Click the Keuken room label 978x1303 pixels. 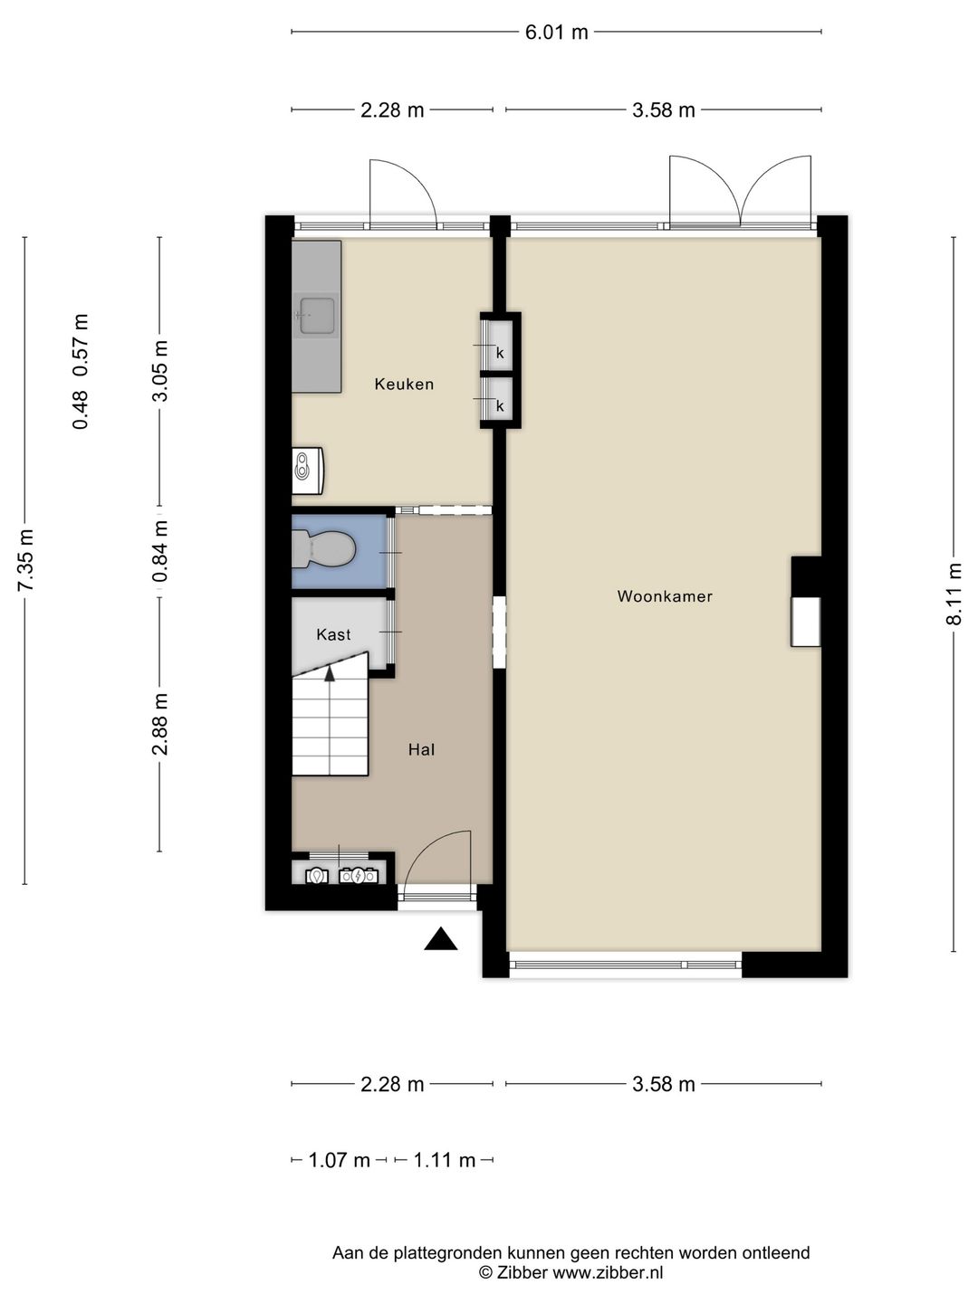pos(404,384)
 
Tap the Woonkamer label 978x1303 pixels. pos(665,596)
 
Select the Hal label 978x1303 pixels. pos(422,750)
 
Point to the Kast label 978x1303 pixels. pos(333,634)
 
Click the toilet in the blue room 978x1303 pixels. pos(323,549)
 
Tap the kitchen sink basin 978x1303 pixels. pos(317,316)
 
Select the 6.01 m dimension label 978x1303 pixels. pos(556,32)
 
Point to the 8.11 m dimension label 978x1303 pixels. pos(953,593)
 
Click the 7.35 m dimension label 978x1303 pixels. pos(25,559)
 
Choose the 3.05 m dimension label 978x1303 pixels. pos(160,371)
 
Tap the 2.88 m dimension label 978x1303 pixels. pos(160,724)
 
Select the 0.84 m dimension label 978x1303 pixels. pos(160,551)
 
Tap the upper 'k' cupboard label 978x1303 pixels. pos(500,353)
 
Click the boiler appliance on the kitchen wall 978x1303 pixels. pos(307,471)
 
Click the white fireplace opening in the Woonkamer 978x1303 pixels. pos(806,622)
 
